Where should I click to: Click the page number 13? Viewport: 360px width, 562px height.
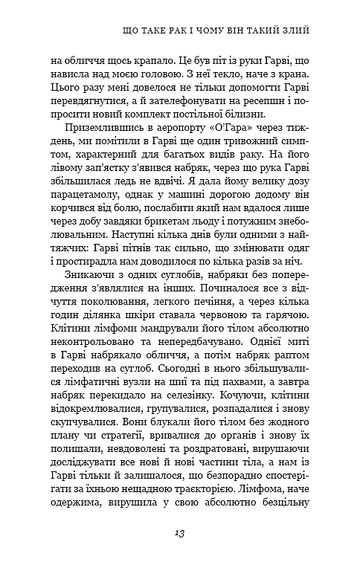[179, 533]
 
